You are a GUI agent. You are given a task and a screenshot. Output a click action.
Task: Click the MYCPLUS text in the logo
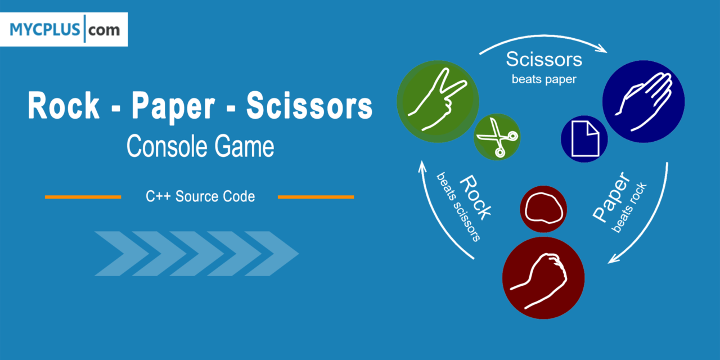click(x=44, y=30)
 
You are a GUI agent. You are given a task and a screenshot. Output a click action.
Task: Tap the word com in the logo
click(x=104, y=30)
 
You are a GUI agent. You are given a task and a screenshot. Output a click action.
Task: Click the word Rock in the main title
click(x=64, y=105)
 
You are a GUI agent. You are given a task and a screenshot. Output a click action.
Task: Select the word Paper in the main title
click(x=173, y=107)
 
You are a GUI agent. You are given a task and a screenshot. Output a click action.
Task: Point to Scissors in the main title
click(x=309, y=105)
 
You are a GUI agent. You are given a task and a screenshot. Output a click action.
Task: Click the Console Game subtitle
click(x=200, y=146)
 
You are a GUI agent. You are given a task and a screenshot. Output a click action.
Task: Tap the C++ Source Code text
click(x=200, y=196)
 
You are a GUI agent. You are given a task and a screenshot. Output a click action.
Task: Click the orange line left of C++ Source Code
click(x=83, y=197)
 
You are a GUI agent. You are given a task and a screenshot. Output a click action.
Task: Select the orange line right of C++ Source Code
click(x=316, y=197)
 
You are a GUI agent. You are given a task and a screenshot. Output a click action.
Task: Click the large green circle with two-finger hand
click(x=438, y=102)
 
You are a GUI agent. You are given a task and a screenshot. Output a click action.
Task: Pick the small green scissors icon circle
click(x=497, y=137)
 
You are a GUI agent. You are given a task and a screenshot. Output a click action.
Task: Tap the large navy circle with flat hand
click(x=643, y=102)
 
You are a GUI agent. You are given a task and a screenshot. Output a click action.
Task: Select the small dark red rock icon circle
click(x=543, y=209)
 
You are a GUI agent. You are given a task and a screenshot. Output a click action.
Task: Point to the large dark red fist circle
click(x=543, y=278)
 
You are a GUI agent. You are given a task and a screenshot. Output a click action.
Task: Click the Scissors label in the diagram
click(x=544, y=59)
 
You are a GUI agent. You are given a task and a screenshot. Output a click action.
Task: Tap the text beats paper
click(x=544, y=79)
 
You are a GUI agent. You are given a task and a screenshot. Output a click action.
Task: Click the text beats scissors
click(x=458, y=207)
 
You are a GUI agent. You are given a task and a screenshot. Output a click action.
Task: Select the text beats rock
click(x=629, y=208)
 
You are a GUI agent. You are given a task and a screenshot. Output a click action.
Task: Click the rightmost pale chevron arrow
click(x=272, y=254)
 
